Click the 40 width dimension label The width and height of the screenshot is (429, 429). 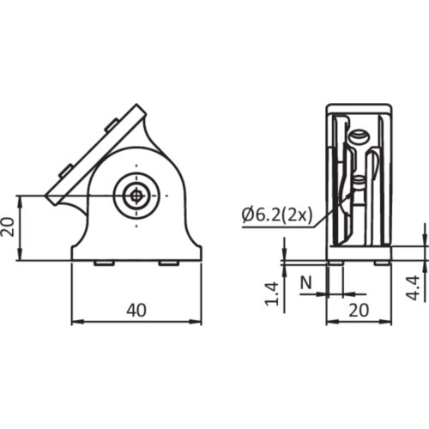(x=136, y=311)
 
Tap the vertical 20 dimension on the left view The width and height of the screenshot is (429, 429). (x=8, y=227)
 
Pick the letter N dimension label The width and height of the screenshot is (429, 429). (x=306, y=281)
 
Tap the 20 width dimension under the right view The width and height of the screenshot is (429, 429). (x=359, y=311)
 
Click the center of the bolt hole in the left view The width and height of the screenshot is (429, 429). (x=135, y=196)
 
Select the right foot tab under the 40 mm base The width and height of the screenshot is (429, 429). (x=169, y=263)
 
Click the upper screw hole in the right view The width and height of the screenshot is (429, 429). (x=360, y=135)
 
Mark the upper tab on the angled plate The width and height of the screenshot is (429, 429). (x=110, y=126)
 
